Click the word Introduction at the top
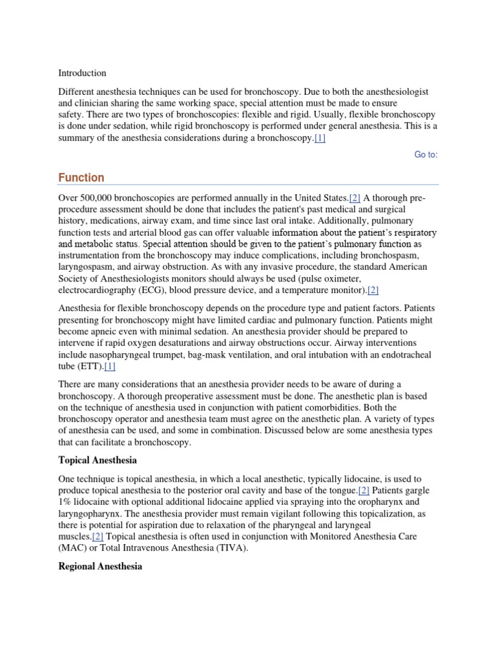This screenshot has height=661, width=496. click(82, 73)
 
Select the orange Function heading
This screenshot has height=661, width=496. click(81, 178)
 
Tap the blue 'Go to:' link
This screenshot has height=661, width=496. click(426, 154)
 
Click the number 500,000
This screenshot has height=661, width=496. click(99, 198)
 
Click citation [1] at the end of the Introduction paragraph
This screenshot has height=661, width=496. click(320, 139)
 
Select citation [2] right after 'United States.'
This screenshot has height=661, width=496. click(355, 198)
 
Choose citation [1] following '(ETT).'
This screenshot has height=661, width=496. click(109, 366)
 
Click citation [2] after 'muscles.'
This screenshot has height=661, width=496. click(98, 537)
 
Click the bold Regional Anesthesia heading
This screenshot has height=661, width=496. click(100, 566)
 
